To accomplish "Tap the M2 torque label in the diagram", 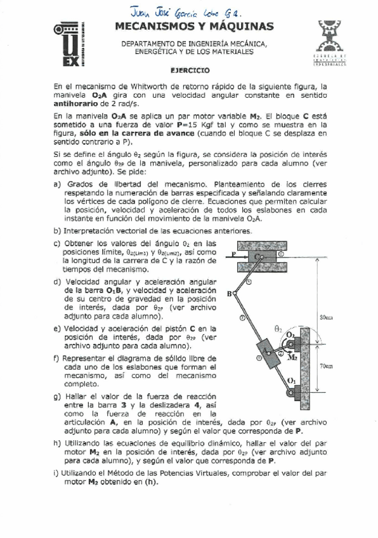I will (292, 357).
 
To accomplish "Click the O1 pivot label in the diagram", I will (291, 380).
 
